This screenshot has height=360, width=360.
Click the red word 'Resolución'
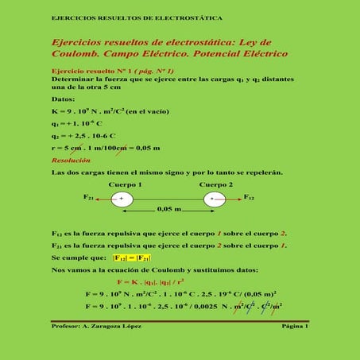[x=70, y=160]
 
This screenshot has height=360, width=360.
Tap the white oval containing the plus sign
[x=122, y=199]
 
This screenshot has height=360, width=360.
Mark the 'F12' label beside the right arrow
[x=248, y=195]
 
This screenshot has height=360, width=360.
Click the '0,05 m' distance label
[x=169, y=209]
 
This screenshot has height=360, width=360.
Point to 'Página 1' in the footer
[x=294, y=327]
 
